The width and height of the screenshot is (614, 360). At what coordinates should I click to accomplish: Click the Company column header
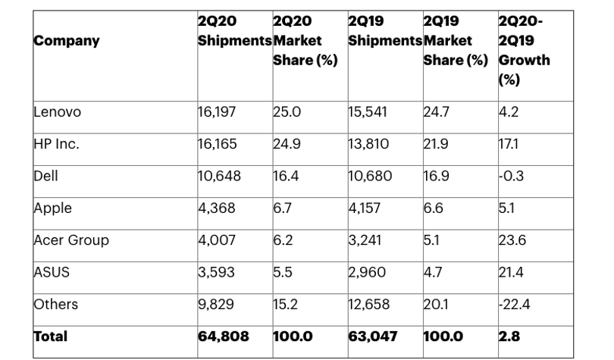(x=67, y=41)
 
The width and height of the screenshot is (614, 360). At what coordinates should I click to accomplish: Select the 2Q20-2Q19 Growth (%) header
(x=524, y=50)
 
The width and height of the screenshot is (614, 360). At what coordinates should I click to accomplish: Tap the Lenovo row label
(x=57, y=112)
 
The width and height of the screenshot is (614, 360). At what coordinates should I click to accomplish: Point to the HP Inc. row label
(x=56, y=144)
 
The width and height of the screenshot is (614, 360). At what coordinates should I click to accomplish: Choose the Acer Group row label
(x=71, y=240)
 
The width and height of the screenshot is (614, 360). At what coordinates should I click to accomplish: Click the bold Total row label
(x=51, y=337)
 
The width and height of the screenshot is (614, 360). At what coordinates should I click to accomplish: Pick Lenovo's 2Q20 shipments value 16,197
(x=217, y=112)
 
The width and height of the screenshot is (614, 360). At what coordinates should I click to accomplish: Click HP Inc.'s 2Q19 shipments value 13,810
(x=368, y=145)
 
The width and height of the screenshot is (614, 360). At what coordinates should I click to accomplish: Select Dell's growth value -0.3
(x=511, y=176)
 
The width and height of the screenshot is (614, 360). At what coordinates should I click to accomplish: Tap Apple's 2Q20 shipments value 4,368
(x=217, y=208)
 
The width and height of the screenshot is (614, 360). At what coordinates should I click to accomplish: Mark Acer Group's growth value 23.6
(x=512, y=240)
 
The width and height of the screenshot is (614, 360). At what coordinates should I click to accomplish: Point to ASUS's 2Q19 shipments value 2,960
(x=367, y=273)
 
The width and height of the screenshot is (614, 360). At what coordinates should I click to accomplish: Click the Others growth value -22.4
(x=514, y=305)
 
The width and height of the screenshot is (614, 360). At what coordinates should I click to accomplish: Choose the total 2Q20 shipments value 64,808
(x=223, y=337)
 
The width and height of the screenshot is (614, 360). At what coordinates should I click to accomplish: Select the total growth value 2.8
(x=509, y=337)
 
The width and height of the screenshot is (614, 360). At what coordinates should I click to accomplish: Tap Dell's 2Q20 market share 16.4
(x=286, y=176)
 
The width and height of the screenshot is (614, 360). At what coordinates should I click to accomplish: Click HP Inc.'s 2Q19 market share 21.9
(x=436, y=144)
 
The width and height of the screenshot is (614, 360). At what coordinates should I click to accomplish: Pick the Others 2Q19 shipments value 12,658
(x=369, y=305)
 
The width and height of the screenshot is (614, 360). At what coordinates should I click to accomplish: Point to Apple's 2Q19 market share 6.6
(x=434, y=208)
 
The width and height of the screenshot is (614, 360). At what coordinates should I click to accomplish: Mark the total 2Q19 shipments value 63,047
(x=373, y=337)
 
